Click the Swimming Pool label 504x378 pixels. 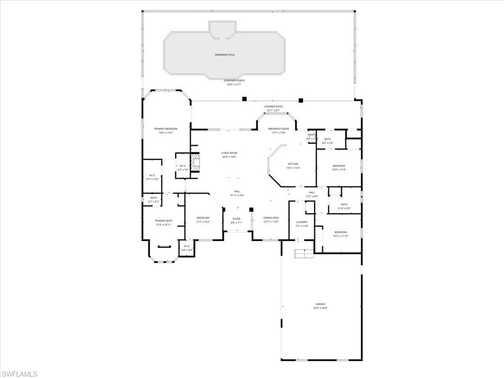(x=224, y=55)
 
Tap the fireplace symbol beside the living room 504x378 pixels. (x=196, y=162)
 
